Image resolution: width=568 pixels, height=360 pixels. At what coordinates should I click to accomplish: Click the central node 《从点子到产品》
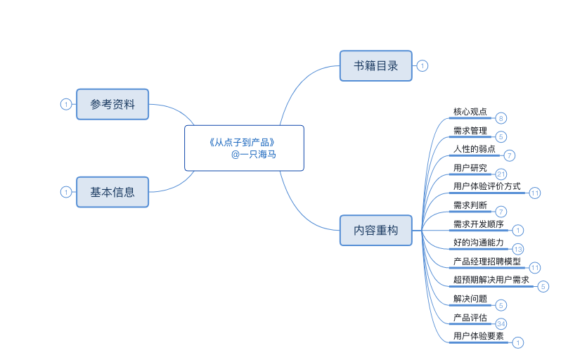coord(244,148)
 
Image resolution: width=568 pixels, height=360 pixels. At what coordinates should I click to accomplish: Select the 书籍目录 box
coord(376,66)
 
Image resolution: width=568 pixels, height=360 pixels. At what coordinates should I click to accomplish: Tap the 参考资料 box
coord(112,104)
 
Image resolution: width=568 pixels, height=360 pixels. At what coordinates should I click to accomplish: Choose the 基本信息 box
coord(112,191)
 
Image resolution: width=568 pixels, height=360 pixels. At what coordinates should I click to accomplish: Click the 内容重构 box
coord(376,230)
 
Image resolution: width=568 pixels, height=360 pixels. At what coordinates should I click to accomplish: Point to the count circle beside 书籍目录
coord(422,66)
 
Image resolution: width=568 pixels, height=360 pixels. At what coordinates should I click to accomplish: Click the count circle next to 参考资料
coord(66,104)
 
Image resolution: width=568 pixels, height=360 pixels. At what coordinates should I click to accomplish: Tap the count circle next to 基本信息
coord(66,191)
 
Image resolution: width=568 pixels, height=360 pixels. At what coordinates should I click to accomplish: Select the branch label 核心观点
coord(470,112)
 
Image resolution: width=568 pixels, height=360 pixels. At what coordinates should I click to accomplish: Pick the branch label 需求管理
coord(470,131)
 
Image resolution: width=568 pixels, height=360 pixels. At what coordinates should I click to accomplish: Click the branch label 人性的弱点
coord(475,149)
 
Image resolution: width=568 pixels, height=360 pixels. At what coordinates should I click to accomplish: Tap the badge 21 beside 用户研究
coord(501,174)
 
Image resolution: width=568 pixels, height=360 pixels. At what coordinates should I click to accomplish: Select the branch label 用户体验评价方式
coord(487,186)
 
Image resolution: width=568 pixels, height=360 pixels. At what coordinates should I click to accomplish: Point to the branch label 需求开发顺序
coord(479,224)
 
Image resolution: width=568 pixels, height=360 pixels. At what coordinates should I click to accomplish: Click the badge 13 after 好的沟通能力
coord(518,249)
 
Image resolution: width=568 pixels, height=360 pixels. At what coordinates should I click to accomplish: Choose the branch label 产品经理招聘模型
coord(487,262)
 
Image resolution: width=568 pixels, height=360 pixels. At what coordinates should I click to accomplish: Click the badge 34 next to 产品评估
coord(501,323)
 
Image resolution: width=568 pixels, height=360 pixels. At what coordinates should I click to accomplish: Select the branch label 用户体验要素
coord(479,336)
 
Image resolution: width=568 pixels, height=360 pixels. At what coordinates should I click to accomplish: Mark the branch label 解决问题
coord(470,299)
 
